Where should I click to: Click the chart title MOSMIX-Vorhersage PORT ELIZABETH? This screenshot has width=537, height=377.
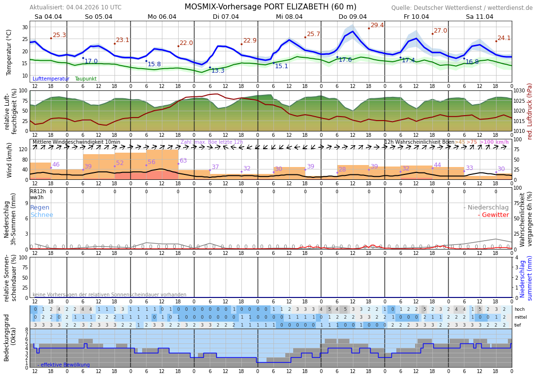(270, 7)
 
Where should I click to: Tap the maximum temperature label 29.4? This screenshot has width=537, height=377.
(377, 25)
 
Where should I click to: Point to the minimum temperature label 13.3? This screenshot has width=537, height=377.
(218, 71)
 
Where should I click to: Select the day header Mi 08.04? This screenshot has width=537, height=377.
(289, 17)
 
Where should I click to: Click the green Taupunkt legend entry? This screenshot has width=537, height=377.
(85, 79)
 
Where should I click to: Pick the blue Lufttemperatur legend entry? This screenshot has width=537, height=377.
(51, 79)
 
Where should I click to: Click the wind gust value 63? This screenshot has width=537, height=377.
(183, 161)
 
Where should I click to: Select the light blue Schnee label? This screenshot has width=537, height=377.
(41, 215)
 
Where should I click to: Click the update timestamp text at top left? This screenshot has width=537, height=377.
(76, 7)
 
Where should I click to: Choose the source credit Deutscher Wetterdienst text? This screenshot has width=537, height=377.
(462, 8)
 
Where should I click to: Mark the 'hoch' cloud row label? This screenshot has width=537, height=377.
(520, 309)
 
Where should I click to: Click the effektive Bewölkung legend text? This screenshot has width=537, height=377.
(64, 365)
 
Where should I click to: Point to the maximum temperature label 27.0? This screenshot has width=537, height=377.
(440, 31)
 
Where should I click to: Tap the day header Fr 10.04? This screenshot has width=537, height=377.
(416, 17)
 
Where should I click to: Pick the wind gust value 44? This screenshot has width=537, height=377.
(437, 165)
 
